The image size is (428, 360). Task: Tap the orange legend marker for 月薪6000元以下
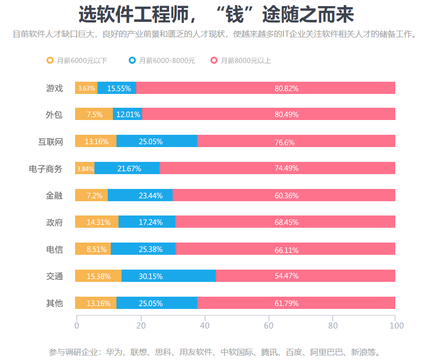(x=50, y=60)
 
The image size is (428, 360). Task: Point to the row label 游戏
(x=54, y=88)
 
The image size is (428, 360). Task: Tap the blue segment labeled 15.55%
(x=117, y=88)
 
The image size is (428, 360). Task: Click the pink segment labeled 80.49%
(x=269, y=114)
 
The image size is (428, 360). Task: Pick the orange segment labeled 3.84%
(x=85, y=169)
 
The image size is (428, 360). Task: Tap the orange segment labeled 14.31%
(x=97, y=222)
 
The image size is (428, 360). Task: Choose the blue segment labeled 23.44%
(x=140, y=195)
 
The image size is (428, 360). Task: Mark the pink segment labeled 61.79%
(x=296, y=303)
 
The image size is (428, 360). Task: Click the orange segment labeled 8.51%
(x=93, y=249)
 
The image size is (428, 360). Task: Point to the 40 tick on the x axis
(x=204, y=325)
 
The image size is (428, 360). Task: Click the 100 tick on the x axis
(x=396, y=325)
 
